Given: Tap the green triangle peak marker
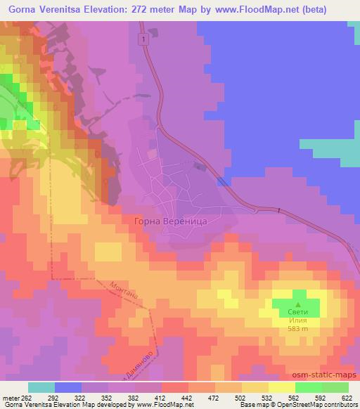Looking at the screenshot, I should point(298,295).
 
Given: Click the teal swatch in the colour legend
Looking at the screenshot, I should point(41,387).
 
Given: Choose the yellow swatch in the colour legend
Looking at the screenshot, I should point(281,387).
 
